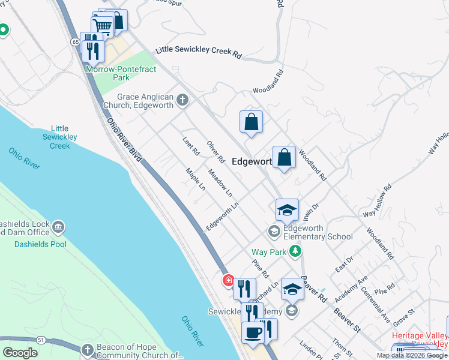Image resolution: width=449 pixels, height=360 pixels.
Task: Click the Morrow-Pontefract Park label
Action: click(x=121, y=74)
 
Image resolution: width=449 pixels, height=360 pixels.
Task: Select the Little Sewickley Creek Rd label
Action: click(x=199, y=52)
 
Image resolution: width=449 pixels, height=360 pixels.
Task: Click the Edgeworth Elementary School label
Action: click(x=318, y=232)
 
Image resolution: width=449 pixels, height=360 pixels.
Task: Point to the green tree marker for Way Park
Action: click(x=295, y=252)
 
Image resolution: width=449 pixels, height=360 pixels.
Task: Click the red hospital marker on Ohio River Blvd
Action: click(x=228, y=280)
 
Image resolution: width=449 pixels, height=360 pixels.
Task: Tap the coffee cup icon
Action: click(x=252, y=332)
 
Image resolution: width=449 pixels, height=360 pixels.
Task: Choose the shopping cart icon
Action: click(x=102, y=26)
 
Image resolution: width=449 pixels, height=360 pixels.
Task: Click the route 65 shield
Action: click(x=75, y=41)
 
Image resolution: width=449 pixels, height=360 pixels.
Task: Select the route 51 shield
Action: click(x=41, y=340)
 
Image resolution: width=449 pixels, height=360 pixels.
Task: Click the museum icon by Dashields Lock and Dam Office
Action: click(x=59, y=227)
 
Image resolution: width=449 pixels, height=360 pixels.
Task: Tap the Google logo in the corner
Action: click(x=20, y=353)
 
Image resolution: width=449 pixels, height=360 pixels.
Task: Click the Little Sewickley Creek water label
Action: click(x=60, y=137)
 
